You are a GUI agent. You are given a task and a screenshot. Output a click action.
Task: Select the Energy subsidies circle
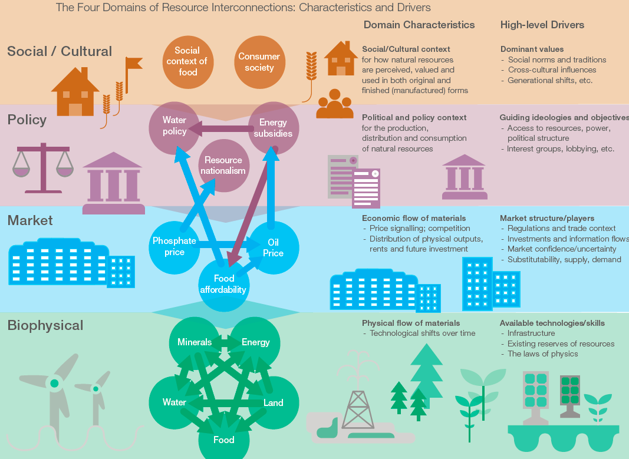point(273,128)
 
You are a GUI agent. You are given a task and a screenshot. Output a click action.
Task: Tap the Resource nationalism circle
point(223,166)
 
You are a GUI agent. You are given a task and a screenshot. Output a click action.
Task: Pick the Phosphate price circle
point(174,246)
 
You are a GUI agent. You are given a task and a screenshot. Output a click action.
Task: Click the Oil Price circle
point(273,248)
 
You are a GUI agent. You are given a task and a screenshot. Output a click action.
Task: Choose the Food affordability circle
point(224,284)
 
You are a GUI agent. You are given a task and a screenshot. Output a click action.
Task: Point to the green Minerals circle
point(195,342)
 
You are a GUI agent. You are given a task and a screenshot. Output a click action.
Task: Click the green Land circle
point(273,403)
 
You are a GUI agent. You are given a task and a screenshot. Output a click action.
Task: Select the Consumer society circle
point(259,62)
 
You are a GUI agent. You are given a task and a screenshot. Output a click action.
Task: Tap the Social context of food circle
point(187,61)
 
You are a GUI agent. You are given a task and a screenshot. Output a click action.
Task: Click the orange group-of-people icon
point(335,105)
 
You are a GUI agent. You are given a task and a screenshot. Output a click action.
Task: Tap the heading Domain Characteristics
point(419,25)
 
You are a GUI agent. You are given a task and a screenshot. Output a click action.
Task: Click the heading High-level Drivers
point(542,25)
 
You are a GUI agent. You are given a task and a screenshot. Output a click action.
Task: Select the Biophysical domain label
point(45,325)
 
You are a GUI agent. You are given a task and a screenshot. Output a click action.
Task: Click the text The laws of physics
point(542,354)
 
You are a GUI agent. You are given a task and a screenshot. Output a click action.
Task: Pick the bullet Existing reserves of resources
point(561,344)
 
